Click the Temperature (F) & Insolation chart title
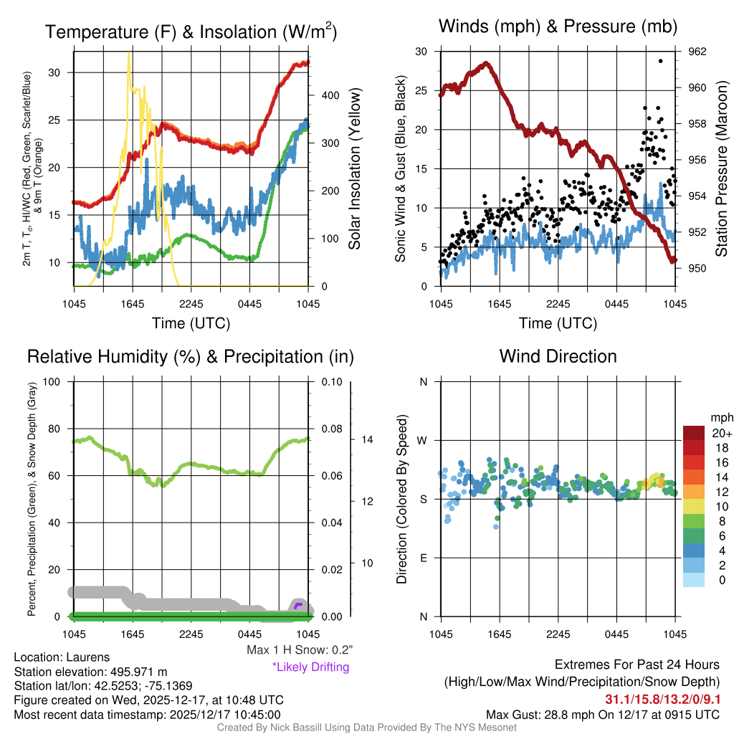click(191, 32)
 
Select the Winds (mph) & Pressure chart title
click(558, 27)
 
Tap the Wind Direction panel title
click(558, 356)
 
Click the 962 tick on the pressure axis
click(697, 52)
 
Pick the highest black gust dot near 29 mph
click(660, 61)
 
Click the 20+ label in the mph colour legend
click(702, 433)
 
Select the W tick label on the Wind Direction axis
click(423, 440)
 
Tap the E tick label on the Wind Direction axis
click(423, 558)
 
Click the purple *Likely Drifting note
click(310, 667)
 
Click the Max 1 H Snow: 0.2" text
click(300, 650)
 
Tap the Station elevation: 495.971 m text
click(90, 672)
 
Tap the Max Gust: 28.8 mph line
click(603, 714)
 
